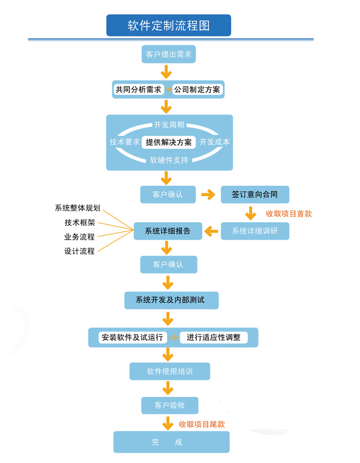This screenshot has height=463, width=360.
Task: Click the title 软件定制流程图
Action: [169, 25]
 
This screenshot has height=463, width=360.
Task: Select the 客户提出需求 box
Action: [169, 54]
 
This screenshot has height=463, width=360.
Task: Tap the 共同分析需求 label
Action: [138, 89]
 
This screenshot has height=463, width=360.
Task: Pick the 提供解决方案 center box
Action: [169, 142]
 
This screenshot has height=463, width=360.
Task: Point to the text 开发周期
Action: [169, 125]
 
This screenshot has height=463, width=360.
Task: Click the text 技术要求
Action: [125, 142]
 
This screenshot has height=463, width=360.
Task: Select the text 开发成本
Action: [214, 142]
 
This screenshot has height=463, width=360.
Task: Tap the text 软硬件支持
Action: [169, 160]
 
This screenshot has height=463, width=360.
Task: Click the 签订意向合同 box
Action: [255, 195]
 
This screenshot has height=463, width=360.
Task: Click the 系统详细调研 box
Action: [255, 231]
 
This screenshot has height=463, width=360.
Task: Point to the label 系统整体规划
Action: [78, 208]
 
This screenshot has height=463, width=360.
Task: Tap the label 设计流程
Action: [79, 251]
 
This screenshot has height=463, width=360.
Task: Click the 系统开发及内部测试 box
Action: [170, 300]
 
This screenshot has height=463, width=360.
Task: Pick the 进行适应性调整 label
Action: [213, 337]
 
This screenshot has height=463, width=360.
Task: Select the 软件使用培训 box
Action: [170, 371]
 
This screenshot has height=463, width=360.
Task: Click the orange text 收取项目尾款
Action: [202, 424]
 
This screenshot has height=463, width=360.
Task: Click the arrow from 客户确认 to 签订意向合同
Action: [208, 195]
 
